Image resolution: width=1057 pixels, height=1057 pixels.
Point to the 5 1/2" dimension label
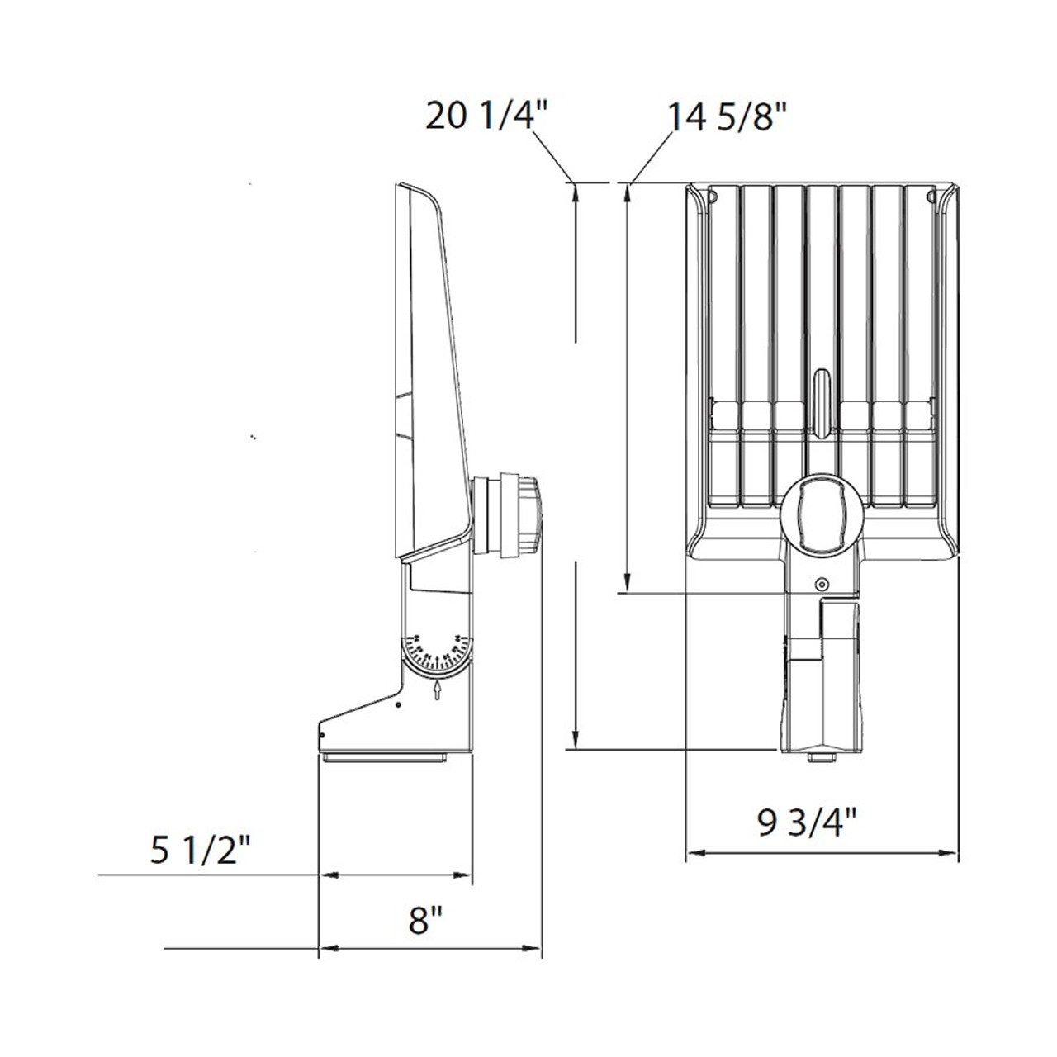[x=200, y=851]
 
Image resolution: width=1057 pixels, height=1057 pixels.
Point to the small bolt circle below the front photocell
[x=821, y=585]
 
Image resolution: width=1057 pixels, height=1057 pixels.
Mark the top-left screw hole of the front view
[x=713, y=197]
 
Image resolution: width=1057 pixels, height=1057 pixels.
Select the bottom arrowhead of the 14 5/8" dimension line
[x=628, y=583]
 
